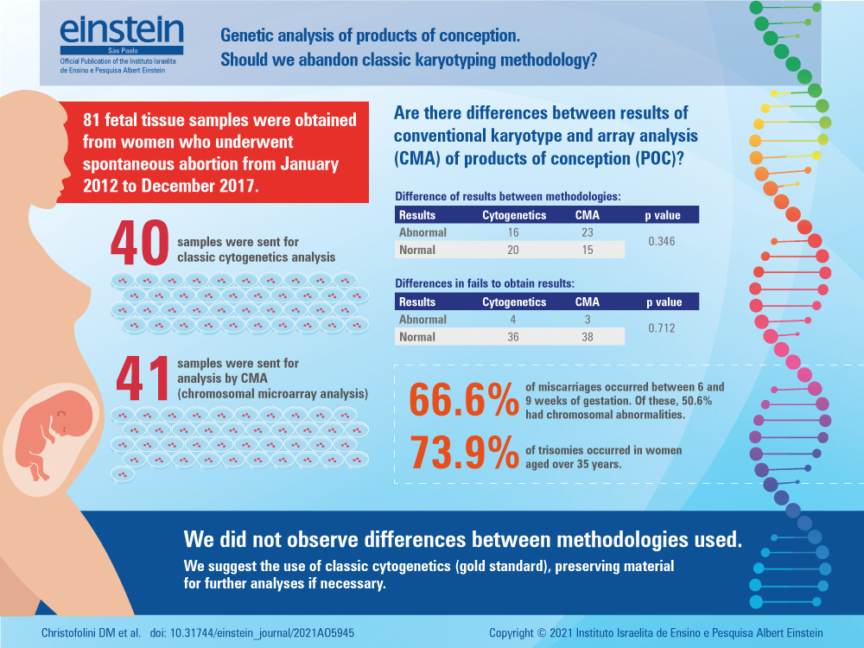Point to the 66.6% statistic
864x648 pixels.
pyautogui.click(x=462, y=401)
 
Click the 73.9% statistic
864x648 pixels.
pyautogui.click(x=462, y=452)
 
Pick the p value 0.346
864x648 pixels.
pyautogui.click(x=663, y=241)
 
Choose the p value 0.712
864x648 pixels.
pyautogui.click(x=663, y=328)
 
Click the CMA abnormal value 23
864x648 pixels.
pyautogui.click(x=587, y=232)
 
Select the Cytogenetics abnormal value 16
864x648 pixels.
pyautogui.click(x=513, y=232)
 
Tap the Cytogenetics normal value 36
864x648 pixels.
pyautogui.click(x=513, y=337)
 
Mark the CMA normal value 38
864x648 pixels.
pyautogui.click(x=587, y=337)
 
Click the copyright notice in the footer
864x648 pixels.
pyautogui.click(x=656, y=632)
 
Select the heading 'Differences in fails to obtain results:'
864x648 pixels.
pyautogui.click(x=485, y=283)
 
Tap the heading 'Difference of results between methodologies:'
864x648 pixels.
pyautogui.click(x=507, y=197)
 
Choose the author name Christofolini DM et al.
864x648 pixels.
pyautogui.click(x=91, y=632)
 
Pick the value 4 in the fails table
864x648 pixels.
pyautogui.click(x=513, y=320)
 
